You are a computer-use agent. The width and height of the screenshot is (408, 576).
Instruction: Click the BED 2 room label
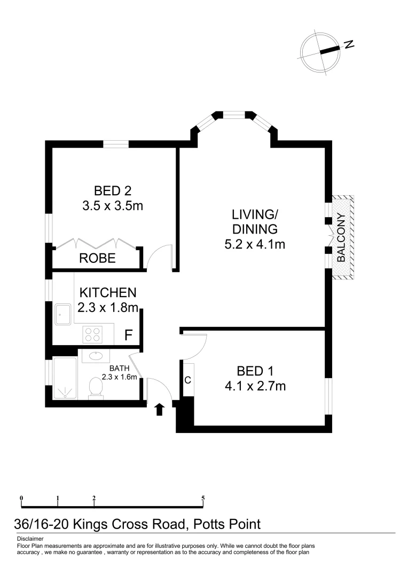tap(113, 190)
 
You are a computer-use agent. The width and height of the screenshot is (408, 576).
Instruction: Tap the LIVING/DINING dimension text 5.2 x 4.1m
tap(254, 245)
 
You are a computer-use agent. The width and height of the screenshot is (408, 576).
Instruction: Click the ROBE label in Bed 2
tap(97, 259)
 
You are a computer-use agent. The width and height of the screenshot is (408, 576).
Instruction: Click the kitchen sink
tap(63, 314)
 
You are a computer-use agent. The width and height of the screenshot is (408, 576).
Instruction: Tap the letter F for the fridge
tap(128, 335)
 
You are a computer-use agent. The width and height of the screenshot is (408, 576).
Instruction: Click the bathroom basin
tap(96, 357)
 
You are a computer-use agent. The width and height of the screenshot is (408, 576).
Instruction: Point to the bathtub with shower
tap(65, 378)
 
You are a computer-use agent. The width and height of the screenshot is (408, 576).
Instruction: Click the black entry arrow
tap(159, 409)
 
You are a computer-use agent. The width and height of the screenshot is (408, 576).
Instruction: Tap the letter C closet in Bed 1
tap(188, 380)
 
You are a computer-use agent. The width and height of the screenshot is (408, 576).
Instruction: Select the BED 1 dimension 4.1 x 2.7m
tap(255, 386)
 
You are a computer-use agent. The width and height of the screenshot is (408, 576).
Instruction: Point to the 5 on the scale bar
tap(203, 499)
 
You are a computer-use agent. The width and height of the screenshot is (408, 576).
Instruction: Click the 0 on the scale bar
tap(21, 499)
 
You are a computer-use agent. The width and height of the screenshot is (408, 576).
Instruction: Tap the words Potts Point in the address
tap(226, 524)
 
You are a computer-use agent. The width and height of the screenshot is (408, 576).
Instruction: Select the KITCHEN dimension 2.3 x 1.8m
tap(109, 308)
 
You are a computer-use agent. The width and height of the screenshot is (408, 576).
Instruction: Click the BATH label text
tap(120, 369)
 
